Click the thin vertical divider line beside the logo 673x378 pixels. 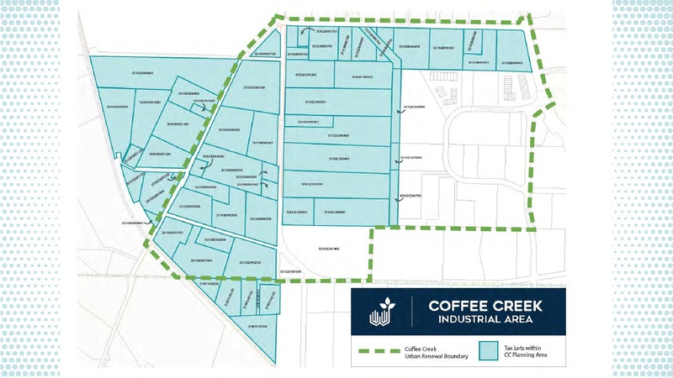[411, 312]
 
